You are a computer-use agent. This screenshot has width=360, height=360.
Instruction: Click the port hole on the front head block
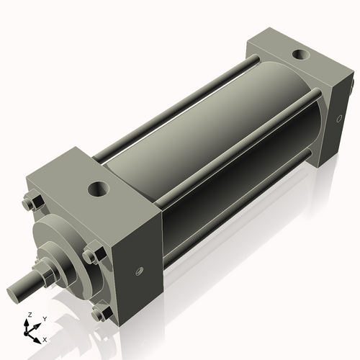coord(96,189)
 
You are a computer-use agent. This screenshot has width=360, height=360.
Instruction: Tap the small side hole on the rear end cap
coord(337,120)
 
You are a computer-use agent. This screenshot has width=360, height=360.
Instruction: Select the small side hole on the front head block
coord(138,271)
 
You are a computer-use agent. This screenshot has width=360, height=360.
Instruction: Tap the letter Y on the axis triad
coord(44,319)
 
